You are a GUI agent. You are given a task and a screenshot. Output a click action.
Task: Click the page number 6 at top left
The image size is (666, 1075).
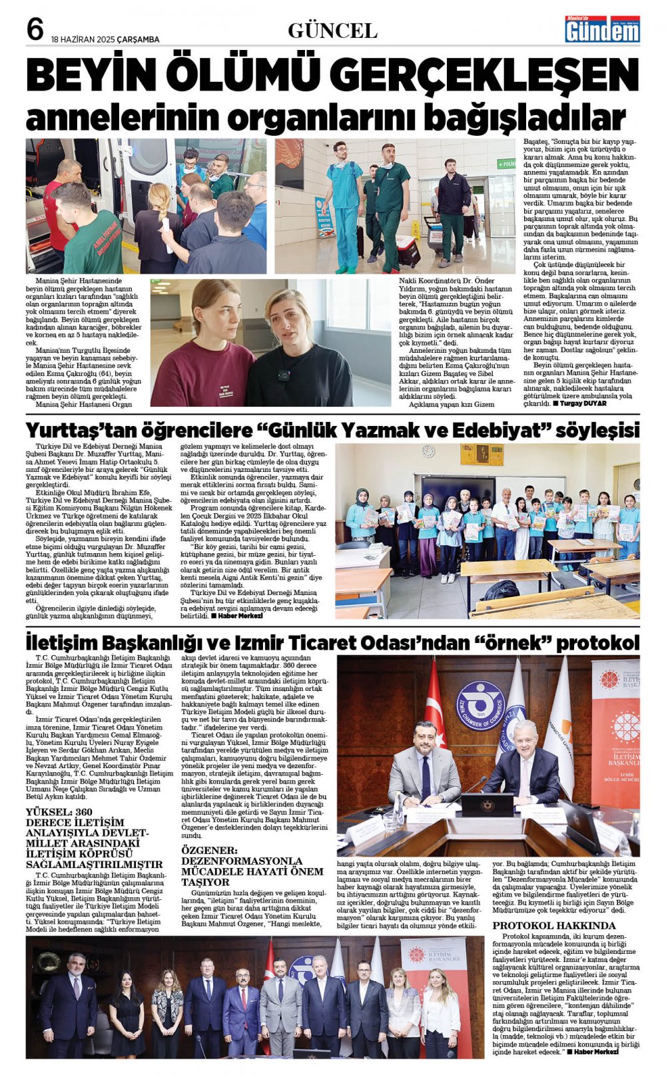[35, 29]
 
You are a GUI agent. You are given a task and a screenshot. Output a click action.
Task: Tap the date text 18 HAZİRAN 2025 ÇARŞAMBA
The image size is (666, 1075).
[105, 39]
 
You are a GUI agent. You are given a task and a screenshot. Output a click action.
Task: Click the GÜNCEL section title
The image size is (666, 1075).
[332, 31]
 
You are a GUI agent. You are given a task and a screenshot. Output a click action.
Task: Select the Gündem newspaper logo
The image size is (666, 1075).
[602, 29]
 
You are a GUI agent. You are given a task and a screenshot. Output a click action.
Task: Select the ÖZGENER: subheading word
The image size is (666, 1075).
[209, 850]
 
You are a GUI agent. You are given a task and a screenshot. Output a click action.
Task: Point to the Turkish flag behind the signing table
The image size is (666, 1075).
[435, 706]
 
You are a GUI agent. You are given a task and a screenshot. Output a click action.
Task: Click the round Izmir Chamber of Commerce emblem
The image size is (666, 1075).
[480, 706]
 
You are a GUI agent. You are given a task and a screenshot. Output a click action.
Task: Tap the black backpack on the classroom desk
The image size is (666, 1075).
[501, 590]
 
